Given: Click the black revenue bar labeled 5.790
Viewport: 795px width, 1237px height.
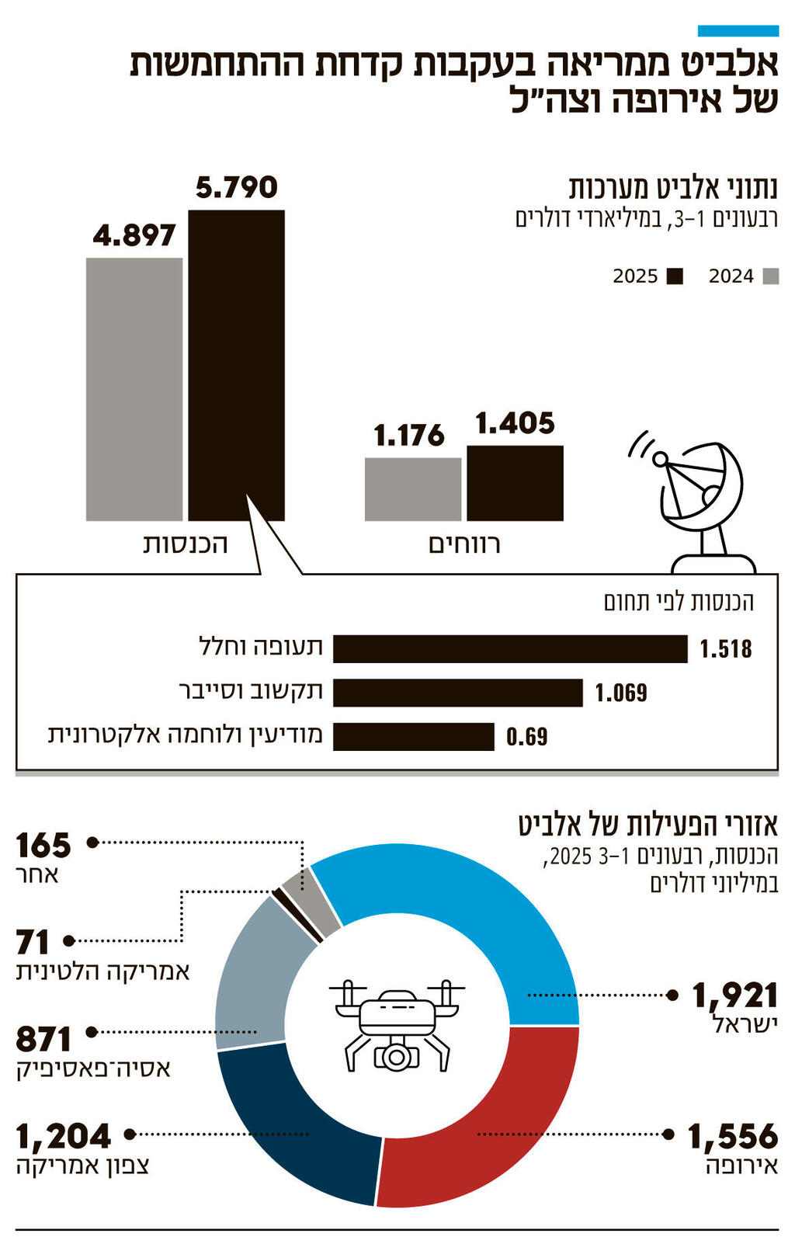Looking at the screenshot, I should point(236,365).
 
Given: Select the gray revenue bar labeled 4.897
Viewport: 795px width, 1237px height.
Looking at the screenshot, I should point(134,388).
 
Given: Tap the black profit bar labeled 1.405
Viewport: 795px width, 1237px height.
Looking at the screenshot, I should point(515,482).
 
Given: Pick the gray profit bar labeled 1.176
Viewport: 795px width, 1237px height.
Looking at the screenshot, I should point(412,488).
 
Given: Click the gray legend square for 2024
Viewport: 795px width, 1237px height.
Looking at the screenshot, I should point(771,276).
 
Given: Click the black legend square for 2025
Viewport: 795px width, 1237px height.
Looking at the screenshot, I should point(675,276).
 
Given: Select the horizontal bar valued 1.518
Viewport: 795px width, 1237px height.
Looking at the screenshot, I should point(510,648).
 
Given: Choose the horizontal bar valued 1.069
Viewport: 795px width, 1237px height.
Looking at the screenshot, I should point(458,693).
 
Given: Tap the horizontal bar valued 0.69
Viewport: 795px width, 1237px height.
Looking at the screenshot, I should point(414,736).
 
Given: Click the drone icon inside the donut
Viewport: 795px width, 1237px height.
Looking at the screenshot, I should point(397,1025).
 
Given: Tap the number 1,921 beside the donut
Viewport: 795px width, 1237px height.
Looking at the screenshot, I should point(734,995).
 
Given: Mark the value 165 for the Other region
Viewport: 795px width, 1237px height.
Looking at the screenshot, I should point(43,845).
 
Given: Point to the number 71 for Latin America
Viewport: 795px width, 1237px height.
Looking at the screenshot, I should point(33,942).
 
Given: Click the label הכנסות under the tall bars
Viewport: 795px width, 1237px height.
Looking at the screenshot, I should point(186,544).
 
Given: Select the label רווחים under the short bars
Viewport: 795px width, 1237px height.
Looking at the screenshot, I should point(464,544).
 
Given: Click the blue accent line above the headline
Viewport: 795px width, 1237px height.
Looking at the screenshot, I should point(738,31).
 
